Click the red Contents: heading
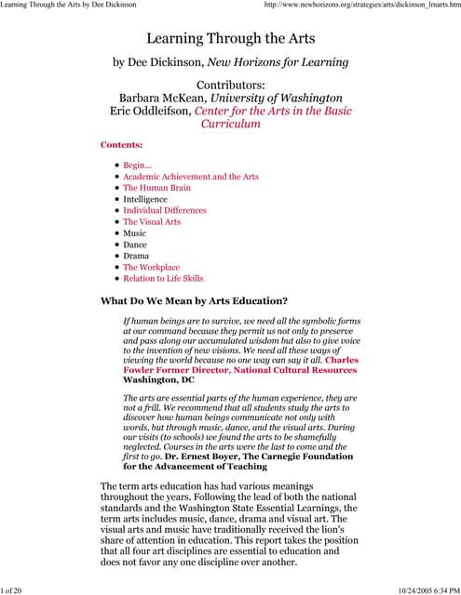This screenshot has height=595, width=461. click(x=121, y=145)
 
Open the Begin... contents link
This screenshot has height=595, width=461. click(x=137, y=165)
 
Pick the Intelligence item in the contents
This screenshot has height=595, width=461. click(x=145, y=199)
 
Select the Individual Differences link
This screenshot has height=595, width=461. click(x=165, y=210)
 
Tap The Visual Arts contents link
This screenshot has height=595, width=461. click(x=152, y=222)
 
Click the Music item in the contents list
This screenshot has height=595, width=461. click(x=135, y=233)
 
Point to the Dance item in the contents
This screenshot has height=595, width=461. click(x=136, y=245)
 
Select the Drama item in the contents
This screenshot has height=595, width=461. click(x=137, y=256)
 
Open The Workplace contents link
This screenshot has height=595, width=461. click(x=152, y=267)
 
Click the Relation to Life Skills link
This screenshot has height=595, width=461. click(x=163, y=278)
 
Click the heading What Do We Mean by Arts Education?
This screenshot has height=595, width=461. click(x=194, y=300)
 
